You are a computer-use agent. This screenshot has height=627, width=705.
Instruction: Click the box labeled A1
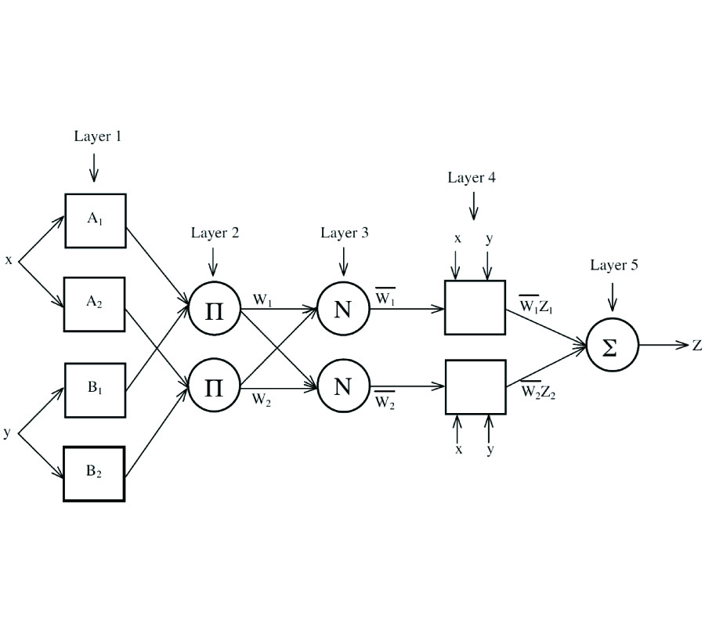[95, 221]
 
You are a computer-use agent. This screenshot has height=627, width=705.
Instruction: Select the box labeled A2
[95, 304]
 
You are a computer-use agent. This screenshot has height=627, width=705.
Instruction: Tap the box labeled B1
[95, 390]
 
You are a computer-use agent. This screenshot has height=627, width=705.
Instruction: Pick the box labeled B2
[94, 473]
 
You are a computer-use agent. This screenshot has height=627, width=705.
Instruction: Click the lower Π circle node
[214, 386]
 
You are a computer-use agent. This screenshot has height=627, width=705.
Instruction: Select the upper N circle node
[342, 309]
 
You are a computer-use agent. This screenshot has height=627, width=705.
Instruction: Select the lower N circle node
[342, 386]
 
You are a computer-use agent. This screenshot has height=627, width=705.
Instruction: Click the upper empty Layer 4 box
[475, 307]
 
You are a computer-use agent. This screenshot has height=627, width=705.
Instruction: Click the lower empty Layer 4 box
[475, 387]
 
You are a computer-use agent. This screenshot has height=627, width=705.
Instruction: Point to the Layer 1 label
[98, 136]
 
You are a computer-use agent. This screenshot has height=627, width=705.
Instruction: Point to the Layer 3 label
[345, 233]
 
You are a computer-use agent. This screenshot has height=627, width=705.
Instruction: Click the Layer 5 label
[613, 265]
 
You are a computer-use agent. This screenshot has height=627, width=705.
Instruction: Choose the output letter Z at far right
[696, 346]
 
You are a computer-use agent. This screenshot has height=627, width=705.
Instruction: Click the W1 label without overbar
[262, 300]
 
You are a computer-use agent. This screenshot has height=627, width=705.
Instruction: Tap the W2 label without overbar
[262, 400]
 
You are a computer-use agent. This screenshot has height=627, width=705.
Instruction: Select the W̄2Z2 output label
[538, 390]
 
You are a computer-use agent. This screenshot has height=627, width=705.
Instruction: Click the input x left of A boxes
[9, 260]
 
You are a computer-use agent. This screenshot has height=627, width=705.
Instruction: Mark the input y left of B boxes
[7, 432]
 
